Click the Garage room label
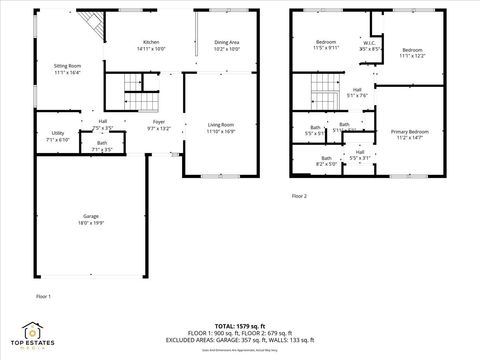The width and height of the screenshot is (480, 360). coord(91,217)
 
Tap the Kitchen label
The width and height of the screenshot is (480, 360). coord(150,42)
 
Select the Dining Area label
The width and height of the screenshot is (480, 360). coord(227,42)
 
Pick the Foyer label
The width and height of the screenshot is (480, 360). coord(159,123)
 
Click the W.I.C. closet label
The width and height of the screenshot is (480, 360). coord(369,42)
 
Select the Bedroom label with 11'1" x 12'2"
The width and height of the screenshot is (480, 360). coord(414,50)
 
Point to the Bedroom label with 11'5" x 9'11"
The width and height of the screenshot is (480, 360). coord(325,42)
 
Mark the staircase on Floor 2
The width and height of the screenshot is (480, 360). coord(323,97)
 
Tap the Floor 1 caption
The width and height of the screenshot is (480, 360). coord(43,297)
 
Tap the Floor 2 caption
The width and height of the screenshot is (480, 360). coord(299,195)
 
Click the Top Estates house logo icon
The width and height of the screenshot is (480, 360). coord(33,329)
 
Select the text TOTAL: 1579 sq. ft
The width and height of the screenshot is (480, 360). coord(239,325)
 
